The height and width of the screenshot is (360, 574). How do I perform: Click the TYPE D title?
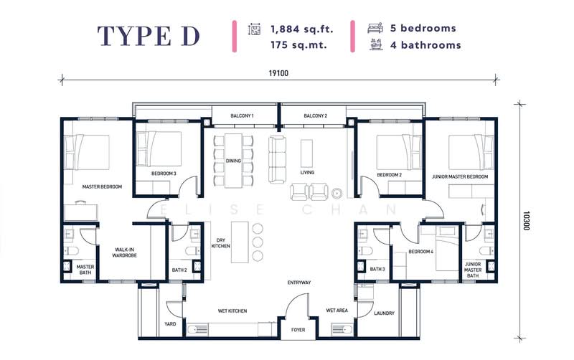149,36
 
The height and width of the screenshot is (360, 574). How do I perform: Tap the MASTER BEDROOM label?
101,186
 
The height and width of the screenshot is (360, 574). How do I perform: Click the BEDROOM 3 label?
164,174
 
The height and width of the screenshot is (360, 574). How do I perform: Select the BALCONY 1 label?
243,115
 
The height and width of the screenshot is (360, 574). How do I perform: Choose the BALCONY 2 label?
315,115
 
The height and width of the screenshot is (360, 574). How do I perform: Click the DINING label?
233,161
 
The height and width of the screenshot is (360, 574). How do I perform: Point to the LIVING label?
308,174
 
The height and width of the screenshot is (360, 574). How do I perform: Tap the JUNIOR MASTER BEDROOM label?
459,176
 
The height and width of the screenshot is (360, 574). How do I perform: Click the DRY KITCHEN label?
220,243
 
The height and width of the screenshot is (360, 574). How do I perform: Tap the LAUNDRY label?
384,313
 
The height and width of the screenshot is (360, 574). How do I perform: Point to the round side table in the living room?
337,192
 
